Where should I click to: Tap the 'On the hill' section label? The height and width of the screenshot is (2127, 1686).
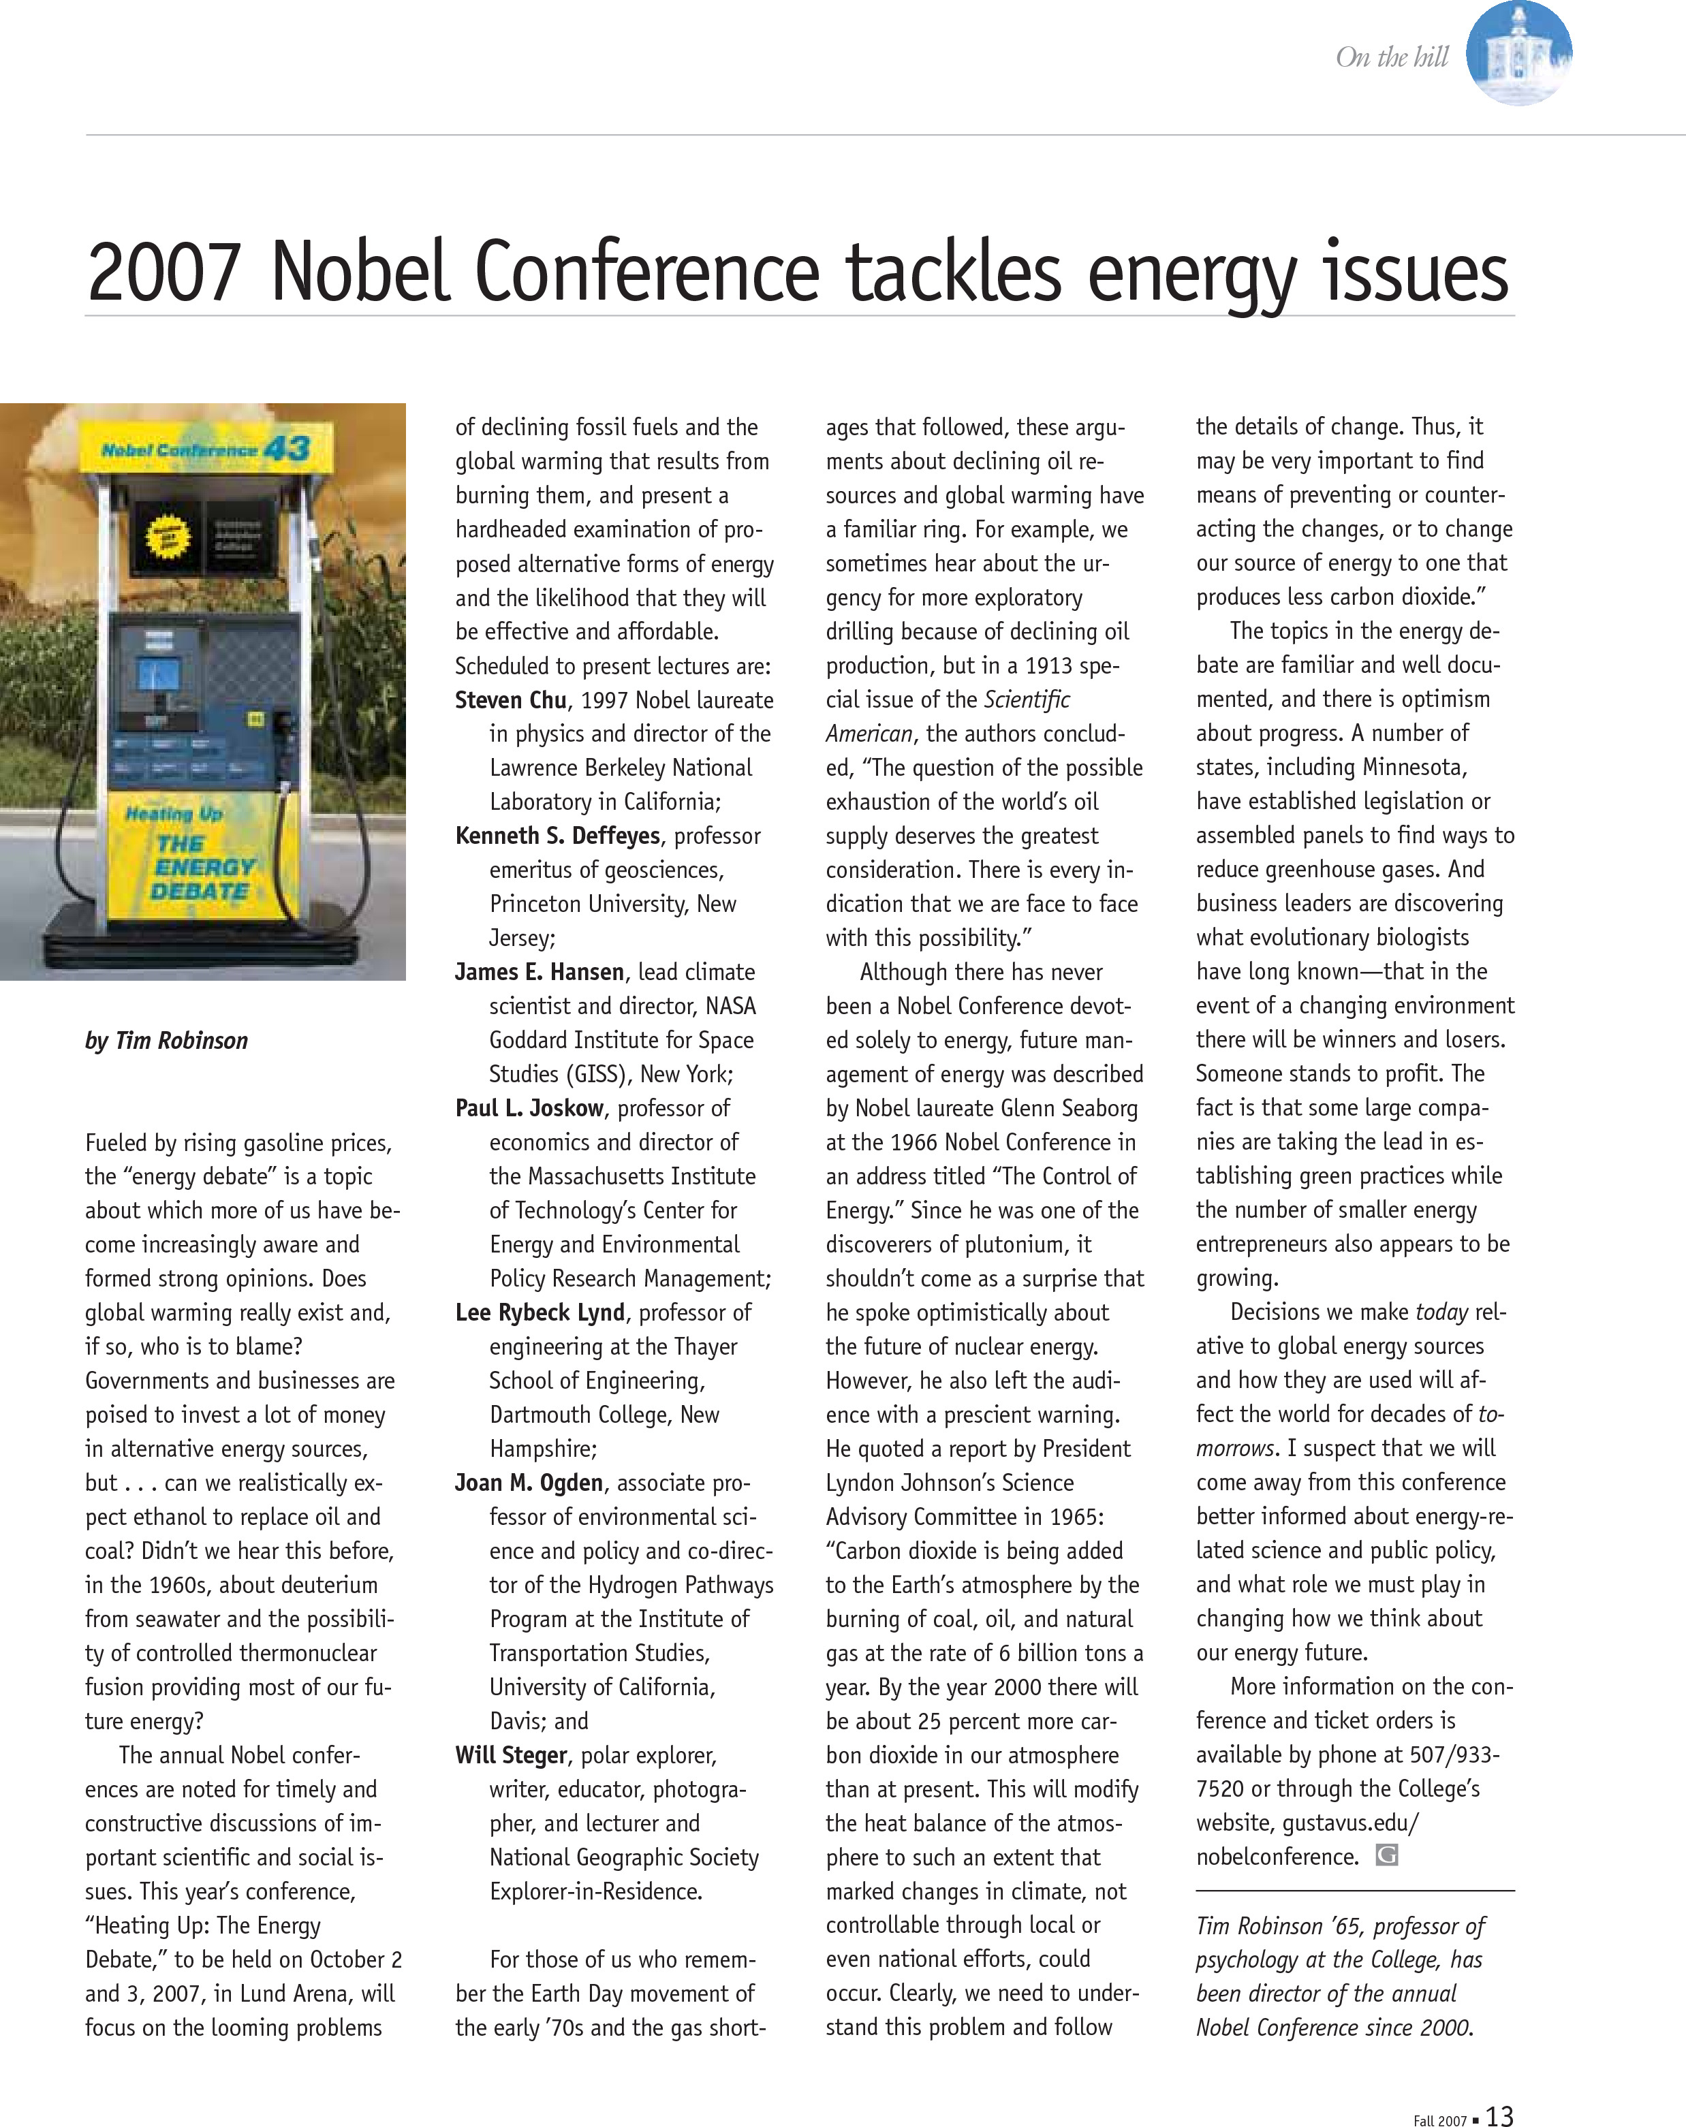tap(1391, 57)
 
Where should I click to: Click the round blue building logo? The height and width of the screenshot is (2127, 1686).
tap(1518, 52)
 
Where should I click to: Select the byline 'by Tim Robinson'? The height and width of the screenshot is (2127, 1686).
tap(167, 1041)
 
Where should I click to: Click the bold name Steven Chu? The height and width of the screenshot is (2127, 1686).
tap(510, 700)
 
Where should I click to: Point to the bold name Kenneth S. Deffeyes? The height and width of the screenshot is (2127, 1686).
tap(557, 836)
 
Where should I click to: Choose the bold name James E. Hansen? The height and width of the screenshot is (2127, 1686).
tap(539, 973)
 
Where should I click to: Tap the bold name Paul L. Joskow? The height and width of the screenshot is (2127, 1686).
tap(529, 1109)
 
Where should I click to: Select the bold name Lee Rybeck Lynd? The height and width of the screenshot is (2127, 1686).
tap(540, 1313)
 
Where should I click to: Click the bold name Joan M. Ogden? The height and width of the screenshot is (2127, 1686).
tap(529, 1483)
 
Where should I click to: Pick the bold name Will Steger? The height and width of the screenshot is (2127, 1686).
tap(511, 1755)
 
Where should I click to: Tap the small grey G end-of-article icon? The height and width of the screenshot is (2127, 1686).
tap(1386, 1856)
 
